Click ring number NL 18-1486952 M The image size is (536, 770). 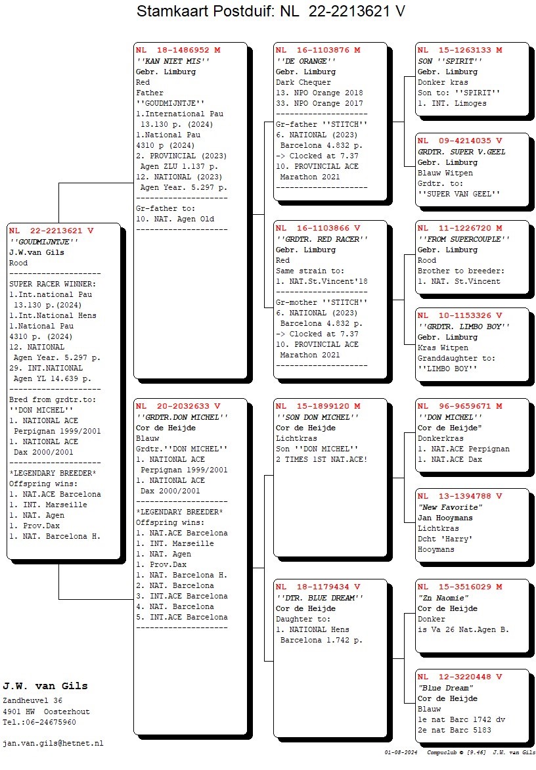point(178,50)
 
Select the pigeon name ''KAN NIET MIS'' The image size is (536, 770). point(173,61)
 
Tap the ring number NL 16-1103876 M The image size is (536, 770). point(318,50)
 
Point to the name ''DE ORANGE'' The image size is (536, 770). point(306,61)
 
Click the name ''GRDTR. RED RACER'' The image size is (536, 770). point(322,239)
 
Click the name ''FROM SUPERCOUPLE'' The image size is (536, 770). point(464,239)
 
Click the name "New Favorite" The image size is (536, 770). point(450,507)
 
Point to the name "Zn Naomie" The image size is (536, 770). point(443,598)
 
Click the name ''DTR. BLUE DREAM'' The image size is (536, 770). point(319,598)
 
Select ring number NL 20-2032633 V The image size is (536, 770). point(178,406)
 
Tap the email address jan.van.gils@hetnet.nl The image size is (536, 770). point(53,744)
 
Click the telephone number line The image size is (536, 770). point(39,722)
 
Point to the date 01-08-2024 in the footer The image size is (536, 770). point(401,752)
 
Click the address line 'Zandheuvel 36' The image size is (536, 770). point(32,701)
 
